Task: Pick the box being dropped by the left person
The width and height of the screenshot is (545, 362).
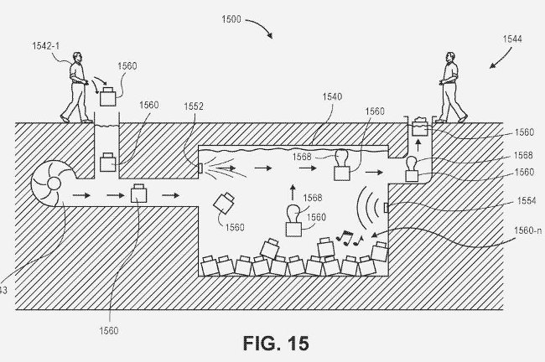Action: tap(109, 97)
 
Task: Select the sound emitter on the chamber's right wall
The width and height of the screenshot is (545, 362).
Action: tap(386, 208)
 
